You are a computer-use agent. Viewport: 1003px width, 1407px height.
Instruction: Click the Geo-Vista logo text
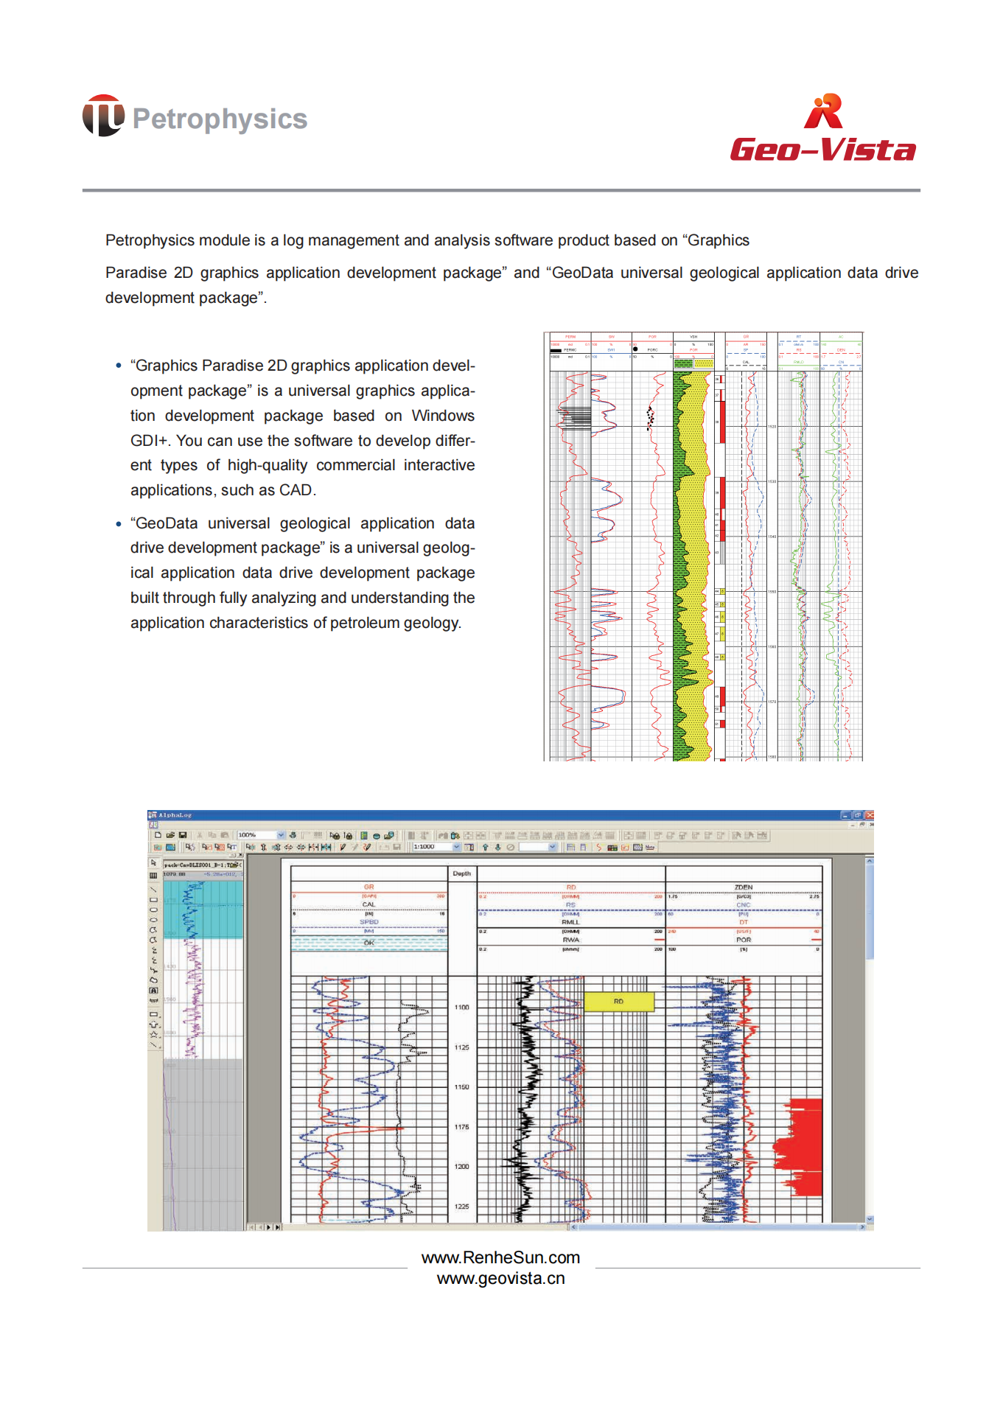coord(822,150)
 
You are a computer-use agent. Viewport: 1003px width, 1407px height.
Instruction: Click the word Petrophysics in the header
coord(220,119)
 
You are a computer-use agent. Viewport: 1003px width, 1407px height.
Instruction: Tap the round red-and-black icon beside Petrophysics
coord(103,116)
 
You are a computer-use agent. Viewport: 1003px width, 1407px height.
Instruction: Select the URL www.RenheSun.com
coord(500,1257)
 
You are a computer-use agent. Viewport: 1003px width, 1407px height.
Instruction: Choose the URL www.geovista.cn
coord(500,1279)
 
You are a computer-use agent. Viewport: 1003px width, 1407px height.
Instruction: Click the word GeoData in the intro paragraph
coord(582,273)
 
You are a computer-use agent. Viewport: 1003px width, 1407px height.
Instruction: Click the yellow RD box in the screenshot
coord(618,1002)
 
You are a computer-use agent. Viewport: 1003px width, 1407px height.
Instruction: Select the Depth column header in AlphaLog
coord(462,873)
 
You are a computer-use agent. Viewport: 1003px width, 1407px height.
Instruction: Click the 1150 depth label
coord(462,1087)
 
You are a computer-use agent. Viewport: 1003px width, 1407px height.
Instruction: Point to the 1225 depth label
coord(462,1207)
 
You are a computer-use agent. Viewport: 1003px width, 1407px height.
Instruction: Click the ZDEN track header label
coord(744,887)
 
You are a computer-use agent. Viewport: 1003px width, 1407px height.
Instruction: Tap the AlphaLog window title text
coord(175,815)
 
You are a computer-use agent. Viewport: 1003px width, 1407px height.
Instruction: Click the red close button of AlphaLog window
coord(870,815)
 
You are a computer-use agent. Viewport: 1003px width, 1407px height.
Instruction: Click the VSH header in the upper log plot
coord(693,337)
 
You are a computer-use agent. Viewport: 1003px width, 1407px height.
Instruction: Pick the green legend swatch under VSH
coord(683,363)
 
